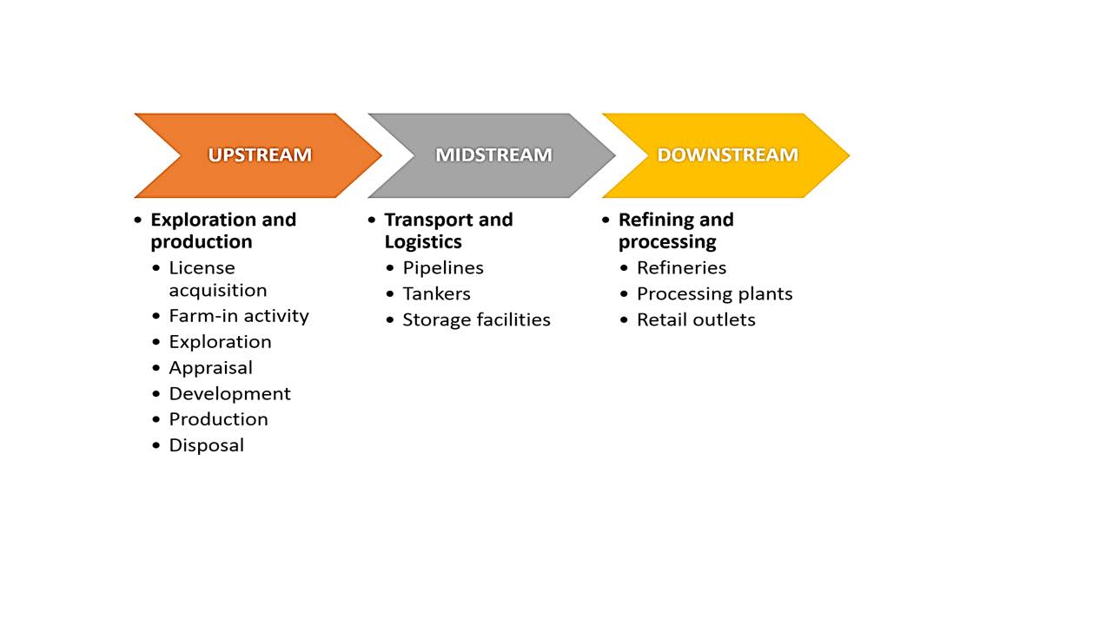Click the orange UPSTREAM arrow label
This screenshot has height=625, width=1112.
pyautogui.click(x=259, y=155)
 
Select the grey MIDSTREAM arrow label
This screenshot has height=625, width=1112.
pyautogui.click(x=493, y=155)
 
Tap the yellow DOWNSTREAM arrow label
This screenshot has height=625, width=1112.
pyautogui.click(x=727, y=155)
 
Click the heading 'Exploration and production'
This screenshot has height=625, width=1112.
pyautogui.click(x=223, y=231)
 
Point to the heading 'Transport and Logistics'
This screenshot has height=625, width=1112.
pyautogui.click(x=448, y=231)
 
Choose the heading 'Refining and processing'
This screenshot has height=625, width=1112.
pyautogui.click(x=676, y=231)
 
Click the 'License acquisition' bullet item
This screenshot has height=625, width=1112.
pyautogui.click(x=217, y=279)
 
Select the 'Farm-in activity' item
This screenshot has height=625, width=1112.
pyautogui.click(x=239, y=316)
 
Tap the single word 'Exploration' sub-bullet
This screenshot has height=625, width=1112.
pyautogui.click(x=220, y=342)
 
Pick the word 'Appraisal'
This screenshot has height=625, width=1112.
pyautogui.click(x=210, y=368)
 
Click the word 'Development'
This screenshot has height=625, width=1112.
pyautogui.click(x=229, y=394)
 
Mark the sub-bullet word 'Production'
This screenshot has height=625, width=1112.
pyautogui.click(x=218, y=419)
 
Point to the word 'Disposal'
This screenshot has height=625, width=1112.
pyautogui.click(x=206, y=445)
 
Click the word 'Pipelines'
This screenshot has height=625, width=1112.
pyautogui.click(x=443, y=268)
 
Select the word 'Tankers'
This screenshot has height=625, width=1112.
pyautogui.click(x=436, y=294)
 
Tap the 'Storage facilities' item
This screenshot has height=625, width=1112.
pyautogui.click(x=476, y=320)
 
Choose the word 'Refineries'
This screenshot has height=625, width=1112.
pyautogui.click(x=681, y=268)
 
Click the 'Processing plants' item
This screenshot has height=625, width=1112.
pyautogui.click(x=714, y=294)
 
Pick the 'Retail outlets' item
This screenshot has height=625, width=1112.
pyautogui.click(x=696, y=320)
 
